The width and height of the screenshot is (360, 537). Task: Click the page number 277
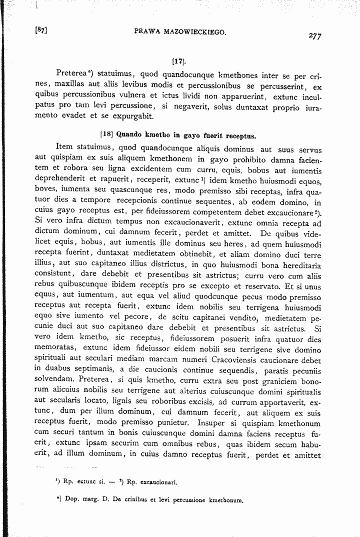click(315, 36)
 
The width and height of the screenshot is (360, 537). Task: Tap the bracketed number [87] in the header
click(41, 29)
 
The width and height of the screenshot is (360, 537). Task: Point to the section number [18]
click(107, 134)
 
